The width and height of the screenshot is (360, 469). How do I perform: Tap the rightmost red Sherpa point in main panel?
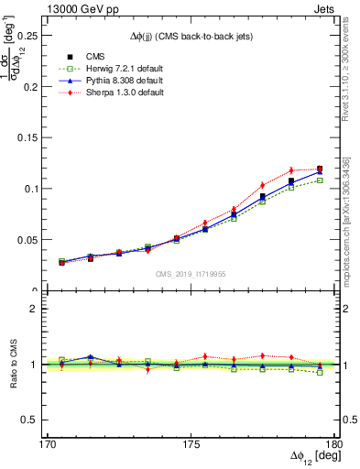[x=320, y=169]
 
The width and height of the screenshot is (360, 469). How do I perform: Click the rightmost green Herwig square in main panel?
[x=320, y=180]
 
